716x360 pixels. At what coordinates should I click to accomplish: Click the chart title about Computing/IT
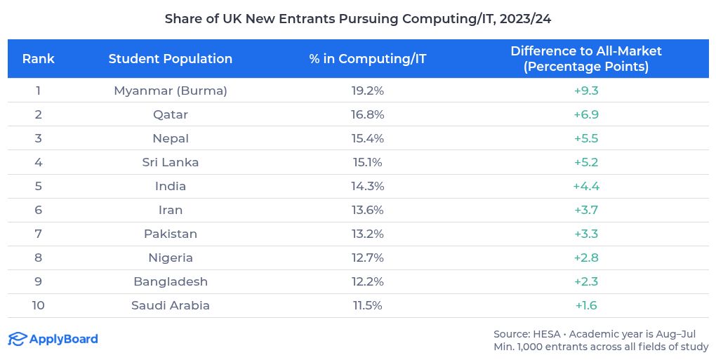(357, 19)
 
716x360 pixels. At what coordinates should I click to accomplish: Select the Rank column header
(38, 59)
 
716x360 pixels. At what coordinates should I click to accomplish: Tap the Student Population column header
(170, 59)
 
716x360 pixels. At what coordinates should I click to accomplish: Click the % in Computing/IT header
(367, 59)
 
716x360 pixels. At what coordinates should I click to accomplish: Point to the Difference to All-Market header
(585, 59)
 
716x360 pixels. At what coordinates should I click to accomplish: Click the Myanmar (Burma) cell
(170, 91)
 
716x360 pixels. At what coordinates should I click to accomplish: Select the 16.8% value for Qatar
(367, 114)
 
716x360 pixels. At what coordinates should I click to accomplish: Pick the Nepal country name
(170, 138)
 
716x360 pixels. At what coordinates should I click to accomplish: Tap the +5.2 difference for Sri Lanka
(585, 162)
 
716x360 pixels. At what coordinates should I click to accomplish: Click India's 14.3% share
(367, 186)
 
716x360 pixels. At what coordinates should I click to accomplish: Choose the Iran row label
(170, 210)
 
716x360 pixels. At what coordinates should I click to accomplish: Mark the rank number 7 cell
(38, 234)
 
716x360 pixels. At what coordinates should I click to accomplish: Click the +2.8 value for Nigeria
(585, 258)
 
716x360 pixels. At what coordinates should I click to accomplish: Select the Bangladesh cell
(170, 281)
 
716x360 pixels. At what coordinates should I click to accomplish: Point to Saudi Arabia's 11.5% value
(367, 305)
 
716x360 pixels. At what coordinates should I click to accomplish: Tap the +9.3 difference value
(585, 91)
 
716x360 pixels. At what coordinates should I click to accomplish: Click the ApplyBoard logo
(53, 340)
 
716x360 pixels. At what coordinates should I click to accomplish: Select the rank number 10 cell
(38, 305)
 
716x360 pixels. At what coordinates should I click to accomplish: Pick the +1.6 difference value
(585, 305)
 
